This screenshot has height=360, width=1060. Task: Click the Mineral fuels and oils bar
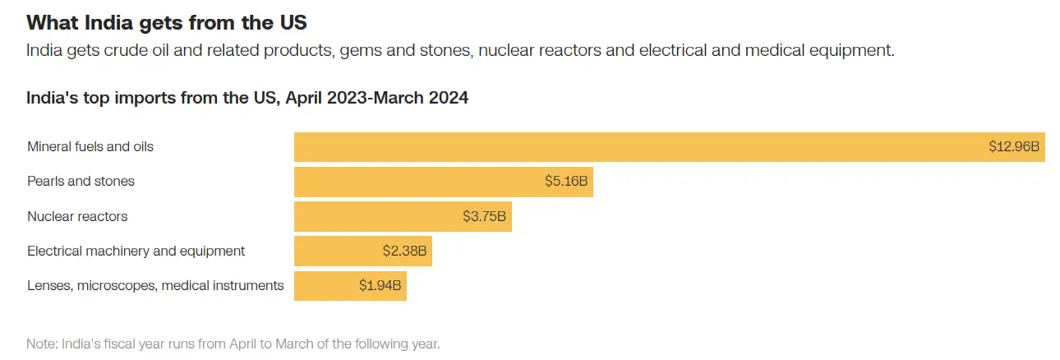[x=641, y=147]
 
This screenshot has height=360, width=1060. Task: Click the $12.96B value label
[x=1014, y=147]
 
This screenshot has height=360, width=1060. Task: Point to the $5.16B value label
[x=566, y=182]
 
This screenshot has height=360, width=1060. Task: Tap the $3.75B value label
[x=484, y=217]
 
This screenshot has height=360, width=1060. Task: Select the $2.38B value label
[x=404, y=251]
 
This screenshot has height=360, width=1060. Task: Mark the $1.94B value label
[x=380, y=286]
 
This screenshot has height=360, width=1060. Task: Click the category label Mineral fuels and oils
[x=90, y=147]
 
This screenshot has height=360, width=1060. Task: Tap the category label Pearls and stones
[x=81, y=182]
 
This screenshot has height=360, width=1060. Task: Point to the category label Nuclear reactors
[x=77, y=217]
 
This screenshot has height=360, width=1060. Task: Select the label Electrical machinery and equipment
[x=136, y=251]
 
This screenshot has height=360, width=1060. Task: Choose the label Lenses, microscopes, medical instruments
[x=155, y=286]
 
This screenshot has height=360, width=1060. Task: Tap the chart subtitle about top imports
[x=247, y=98]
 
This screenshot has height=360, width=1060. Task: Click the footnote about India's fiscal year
[x=233, y=344]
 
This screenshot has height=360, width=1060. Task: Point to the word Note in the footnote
[x=41, y=344]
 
